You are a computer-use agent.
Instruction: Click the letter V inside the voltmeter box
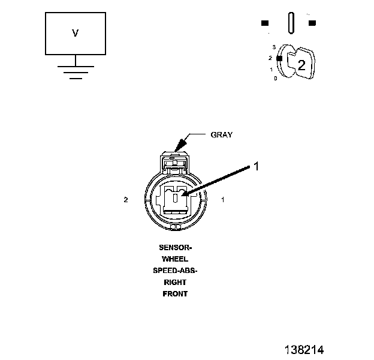click(75, 34)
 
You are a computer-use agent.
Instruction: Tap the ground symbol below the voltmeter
click(75, 71)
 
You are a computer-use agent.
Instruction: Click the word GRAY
click(221, 134)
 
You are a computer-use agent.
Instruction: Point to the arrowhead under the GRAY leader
click(176, 148)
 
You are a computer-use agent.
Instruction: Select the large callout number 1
click(256, 167)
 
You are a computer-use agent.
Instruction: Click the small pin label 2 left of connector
click(126, 200)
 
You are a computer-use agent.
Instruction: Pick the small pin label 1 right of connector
click(223, 200)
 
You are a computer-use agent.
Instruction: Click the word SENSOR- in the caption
click(175, 247)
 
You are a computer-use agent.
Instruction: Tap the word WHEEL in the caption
click(175, 259)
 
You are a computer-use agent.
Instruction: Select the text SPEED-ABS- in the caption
click(175, 271)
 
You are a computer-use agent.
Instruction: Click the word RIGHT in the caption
click(175, 282)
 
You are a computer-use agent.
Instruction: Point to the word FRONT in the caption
click(175, 294)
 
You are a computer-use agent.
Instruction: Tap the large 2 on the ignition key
click(301, 66)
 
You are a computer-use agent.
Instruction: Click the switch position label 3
click(273, 47)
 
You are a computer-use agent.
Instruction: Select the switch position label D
click(275, 79)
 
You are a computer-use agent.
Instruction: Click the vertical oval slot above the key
click(291, 23)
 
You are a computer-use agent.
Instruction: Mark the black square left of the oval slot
click(264, 23)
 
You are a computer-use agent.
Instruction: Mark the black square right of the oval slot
click(312, 23)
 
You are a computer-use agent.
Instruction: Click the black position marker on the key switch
click(279, 58)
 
